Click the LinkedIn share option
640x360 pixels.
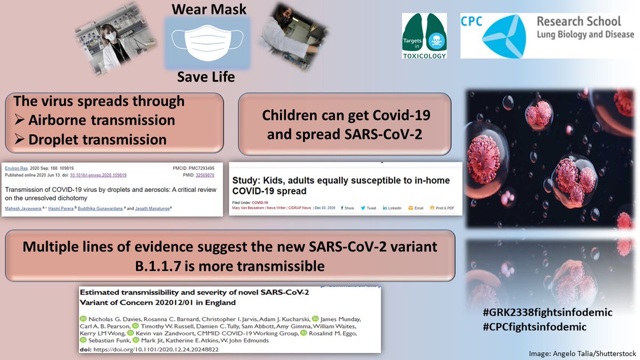[x=392, y=208]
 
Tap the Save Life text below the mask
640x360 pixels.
[x=205, y=77]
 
